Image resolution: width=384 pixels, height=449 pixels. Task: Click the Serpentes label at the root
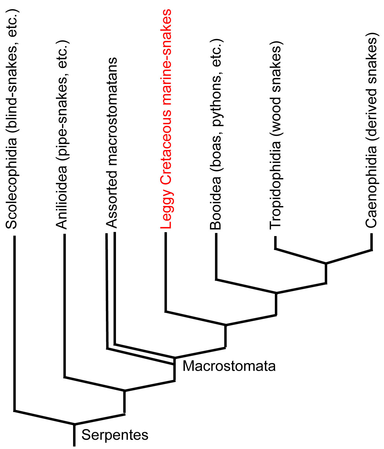115,435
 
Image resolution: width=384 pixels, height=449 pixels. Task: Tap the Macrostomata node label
229,366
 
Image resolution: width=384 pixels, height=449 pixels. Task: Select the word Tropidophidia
275,185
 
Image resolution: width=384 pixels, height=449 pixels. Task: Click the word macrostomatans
112,112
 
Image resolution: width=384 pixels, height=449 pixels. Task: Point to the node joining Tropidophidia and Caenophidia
326,263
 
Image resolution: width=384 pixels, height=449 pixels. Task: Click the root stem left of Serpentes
74,435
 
